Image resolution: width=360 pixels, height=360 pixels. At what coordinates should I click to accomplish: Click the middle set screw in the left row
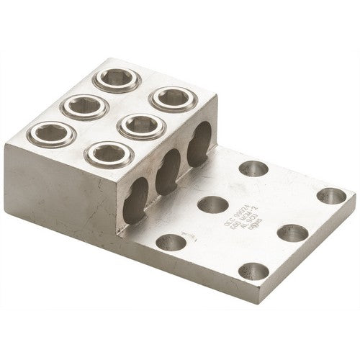pyautogui.click(x=84, y=107)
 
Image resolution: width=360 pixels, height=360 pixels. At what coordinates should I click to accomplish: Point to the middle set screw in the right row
pyautogui.click(x=140, y=126)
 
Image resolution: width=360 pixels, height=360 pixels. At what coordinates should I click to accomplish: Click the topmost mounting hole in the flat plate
pyautogui.click(x=253, y=168)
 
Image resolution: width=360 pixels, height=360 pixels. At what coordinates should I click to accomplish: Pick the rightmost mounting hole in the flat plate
pyautogui.click(x=331, y=195)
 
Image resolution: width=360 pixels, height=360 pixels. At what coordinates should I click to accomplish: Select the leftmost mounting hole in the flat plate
pyautogui.click(x=174, y=240)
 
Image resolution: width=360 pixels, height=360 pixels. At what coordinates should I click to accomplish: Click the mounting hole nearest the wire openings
pyautogui.click(x=212, y=204)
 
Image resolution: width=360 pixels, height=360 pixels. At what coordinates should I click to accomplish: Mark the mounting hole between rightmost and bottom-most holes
pyautogui.click(x=292, y=233)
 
